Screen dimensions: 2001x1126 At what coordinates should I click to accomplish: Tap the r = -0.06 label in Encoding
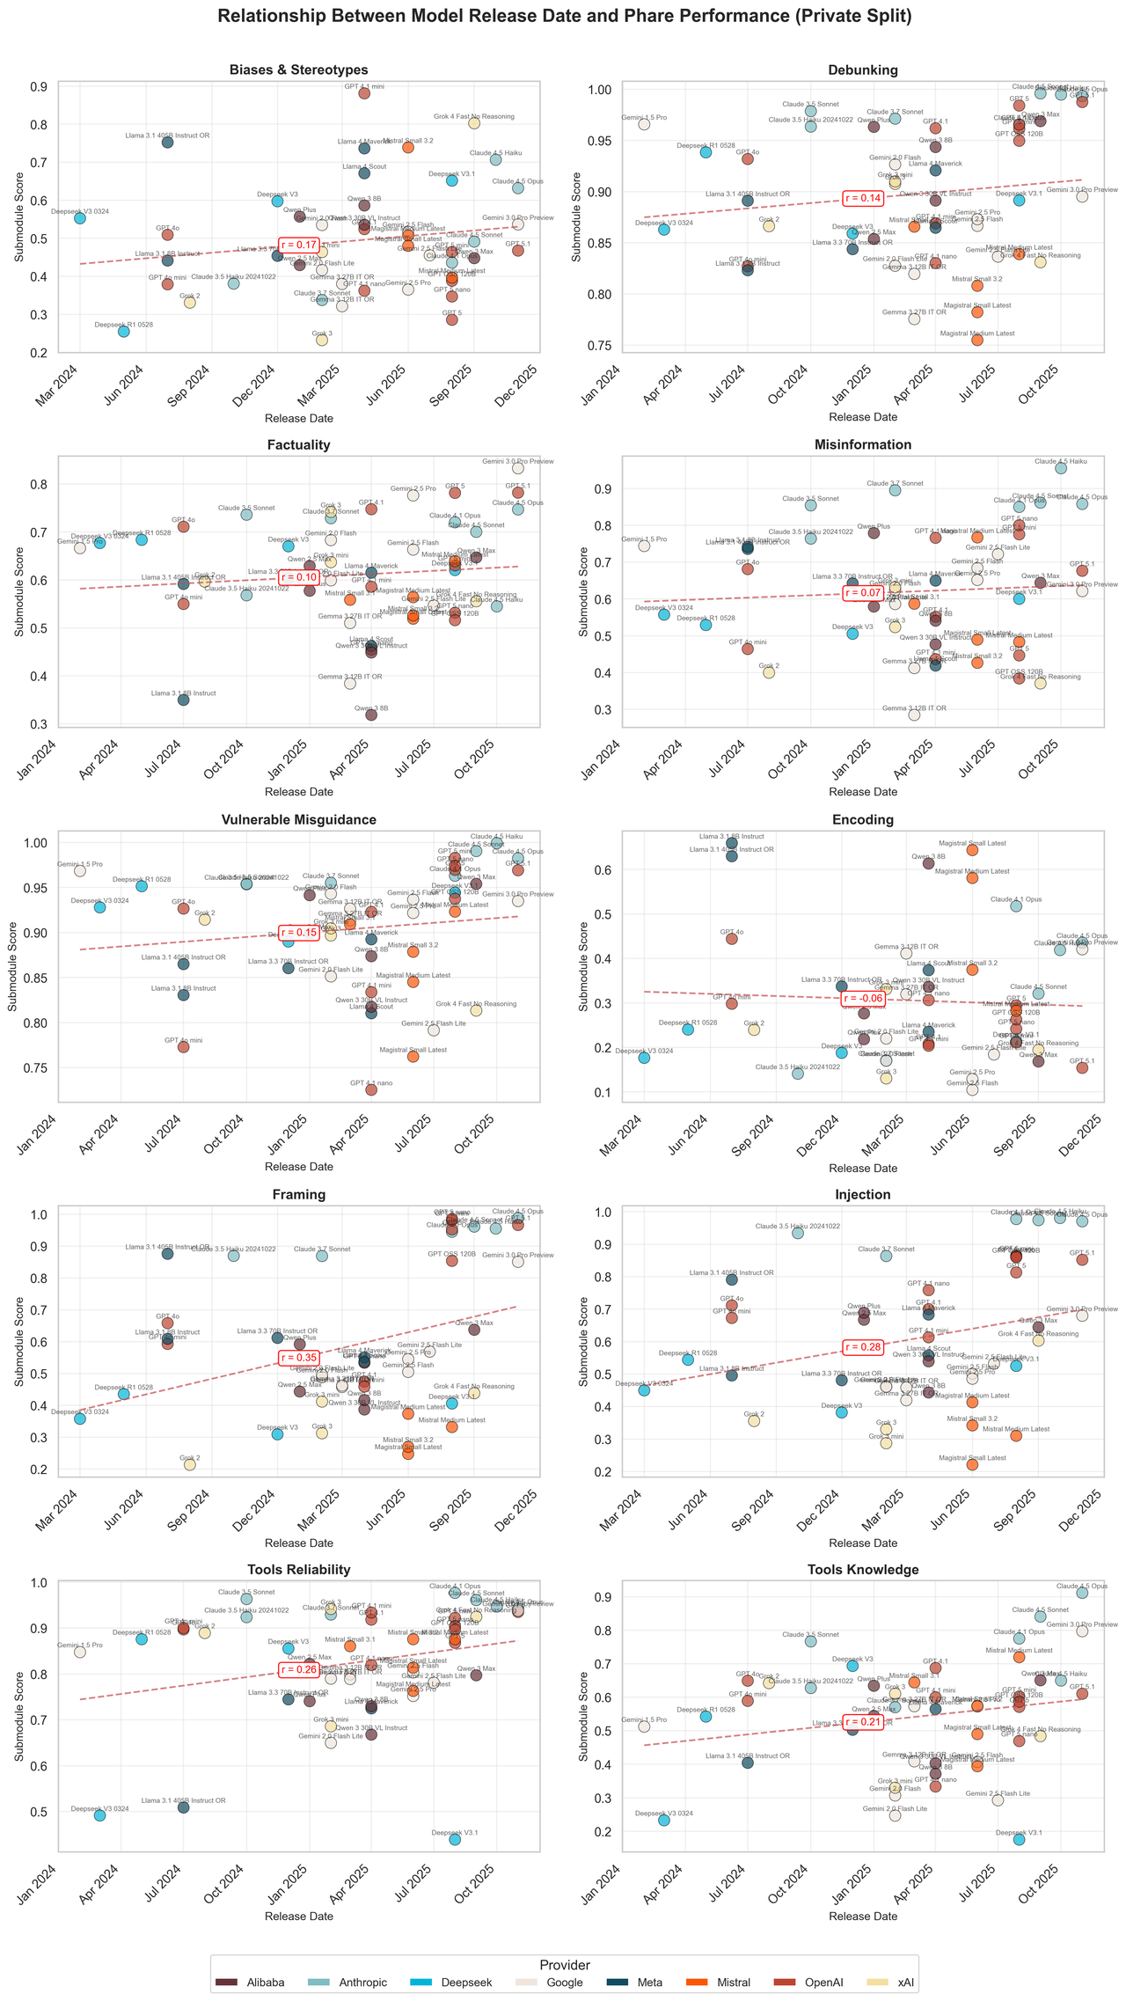pos(862,998)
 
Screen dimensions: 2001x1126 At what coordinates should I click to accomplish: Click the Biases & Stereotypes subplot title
pos(298,70)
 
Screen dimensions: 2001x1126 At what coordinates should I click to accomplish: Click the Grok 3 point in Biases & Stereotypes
pos(322,340)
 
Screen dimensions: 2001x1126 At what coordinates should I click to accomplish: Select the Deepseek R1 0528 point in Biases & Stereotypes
pos(124,331)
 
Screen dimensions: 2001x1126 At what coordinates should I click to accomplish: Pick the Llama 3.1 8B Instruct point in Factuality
pos(183,700)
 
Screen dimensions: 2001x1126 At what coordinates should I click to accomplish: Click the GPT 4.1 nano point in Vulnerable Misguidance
pos(371,1089)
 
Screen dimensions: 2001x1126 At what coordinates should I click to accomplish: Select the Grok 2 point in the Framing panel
pos(189,1464)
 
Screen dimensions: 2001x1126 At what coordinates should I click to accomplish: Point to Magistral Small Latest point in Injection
pos(972,1464)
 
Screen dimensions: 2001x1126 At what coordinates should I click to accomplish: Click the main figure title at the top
pos(563,16)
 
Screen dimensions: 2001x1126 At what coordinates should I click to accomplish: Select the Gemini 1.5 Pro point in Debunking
pos(644,124)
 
